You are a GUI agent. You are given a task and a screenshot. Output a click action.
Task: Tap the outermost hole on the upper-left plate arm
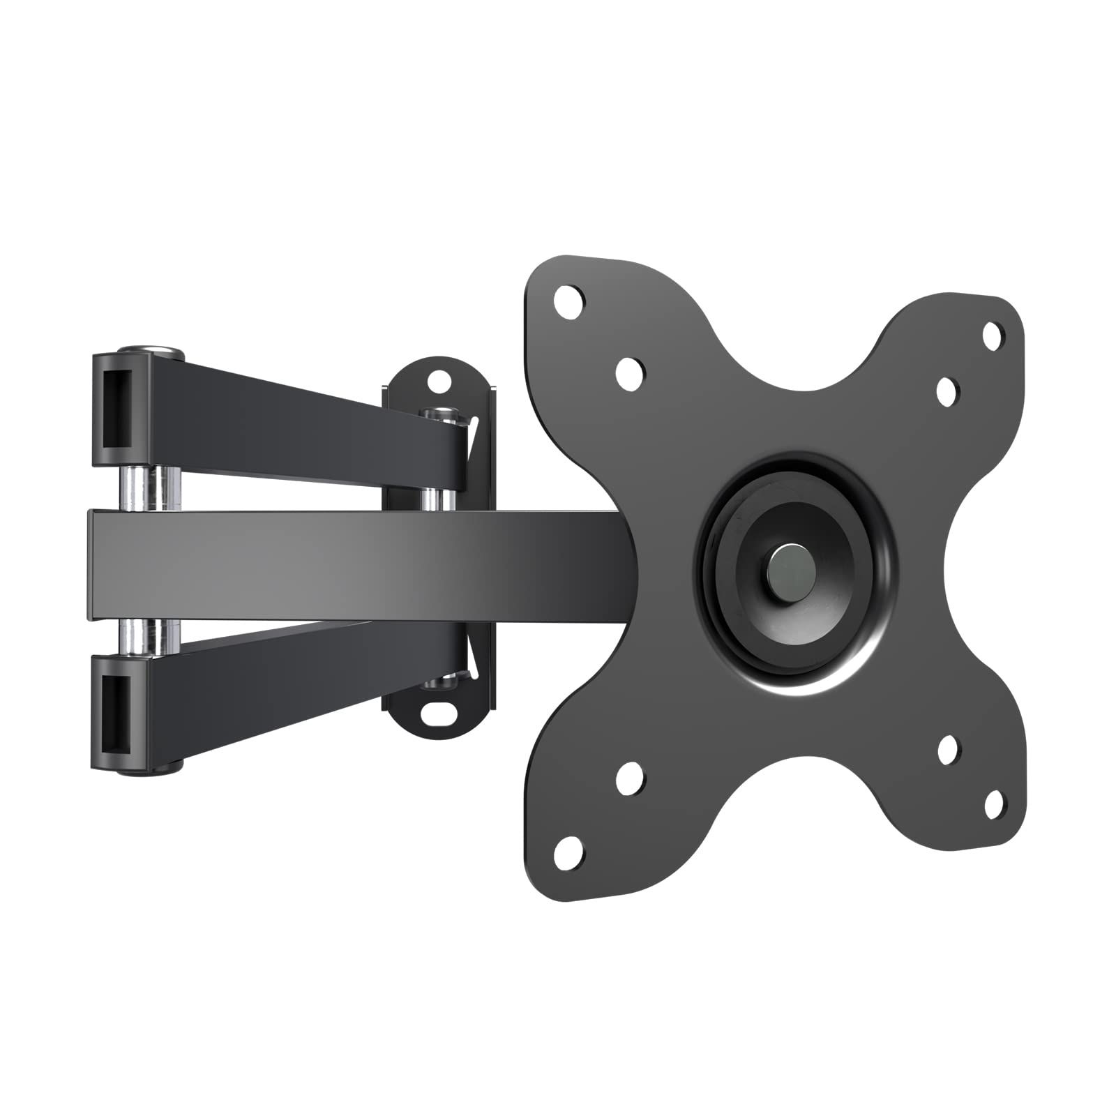[569, 301]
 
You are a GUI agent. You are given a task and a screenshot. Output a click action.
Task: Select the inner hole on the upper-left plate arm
[630, 368]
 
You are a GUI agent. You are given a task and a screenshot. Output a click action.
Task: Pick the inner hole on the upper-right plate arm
[946, 391]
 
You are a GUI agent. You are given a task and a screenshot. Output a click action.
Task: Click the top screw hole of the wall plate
[437, 382]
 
